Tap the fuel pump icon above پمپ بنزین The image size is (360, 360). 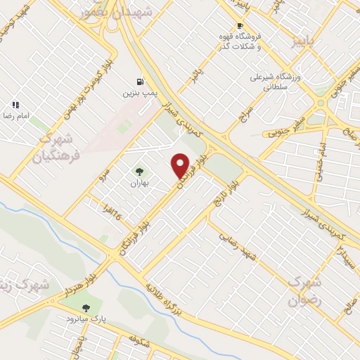pyautogui.click(x=139, y=81)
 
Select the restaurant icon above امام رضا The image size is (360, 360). pyautogui.click(x=15, y=105)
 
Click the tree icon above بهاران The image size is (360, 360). pyautogui.click(x=139, y=171)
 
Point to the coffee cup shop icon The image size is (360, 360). pyautogui.click(x=240, y=25)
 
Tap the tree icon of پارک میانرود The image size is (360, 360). pyautogui.click(x=86, y=307)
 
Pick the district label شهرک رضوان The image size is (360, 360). pyautogui.click(x=306, y=289)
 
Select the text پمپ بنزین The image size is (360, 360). pyautogui.click(x=139, y=92)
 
